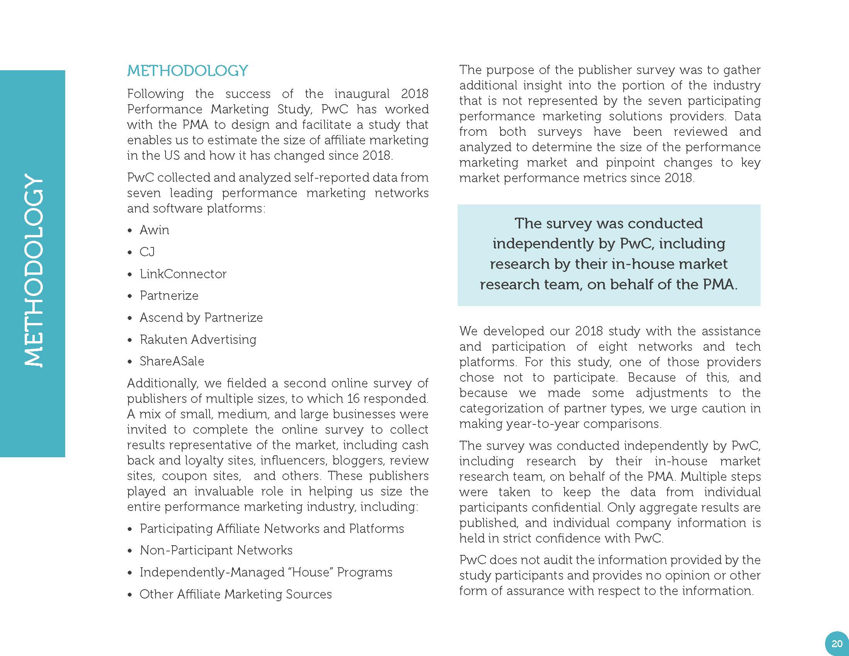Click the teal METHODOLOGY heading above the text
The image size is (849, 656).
[188, 71]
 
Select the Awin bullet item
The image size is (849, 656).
[154, 230]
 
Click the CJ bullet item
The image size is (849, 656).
[147, 252]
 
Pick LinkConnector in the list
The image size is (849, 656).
[183, 274]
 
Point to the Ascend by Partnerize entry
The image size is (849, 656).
[201, 318]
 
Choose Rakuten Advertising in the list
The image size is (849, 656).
[198, 339]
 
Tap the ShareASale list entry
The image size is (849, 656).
[172, 361]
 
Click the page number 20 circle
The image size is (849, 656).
[836, 643]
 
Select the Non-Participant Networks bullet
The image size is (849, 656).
[216, 550]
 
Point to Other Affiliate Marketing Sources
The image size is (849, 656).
[235, 594]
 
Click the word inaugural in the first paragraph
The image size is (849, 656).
[362, 94]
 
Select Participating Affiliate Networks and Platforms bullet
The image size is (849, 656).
[272, 529]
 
